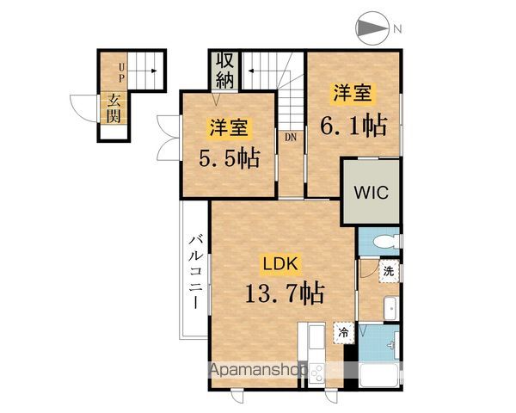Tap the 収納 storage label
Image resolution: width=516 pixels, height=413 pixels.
[x=225, y=71]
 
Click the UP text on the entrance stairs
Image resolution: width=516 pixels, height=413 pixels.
[x=122, y=72]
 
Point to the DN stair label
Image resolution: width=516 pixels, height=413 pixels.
[x=290, y=135]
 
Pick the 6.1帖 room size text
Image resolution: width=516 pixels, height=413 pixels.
[x=353, y=125]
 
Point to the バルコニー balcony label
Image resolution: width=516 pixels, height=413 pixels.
[x=195, y=273]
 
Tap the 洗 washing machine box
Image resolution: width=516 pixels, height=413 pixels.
[x=389, y=271]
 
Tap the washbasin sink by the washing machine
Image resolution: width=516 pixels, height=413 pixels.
[x=389, y=308]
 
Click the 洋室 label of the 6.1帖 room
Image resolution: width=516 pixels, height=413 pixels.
[x=352, y=91]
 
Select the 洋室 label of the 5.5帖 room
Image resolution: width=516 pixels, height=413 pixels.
[x=228, y=128]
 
